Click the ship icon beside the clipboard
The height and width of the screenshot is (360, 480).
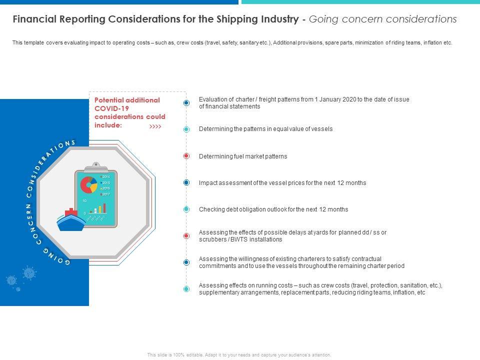(71, 220)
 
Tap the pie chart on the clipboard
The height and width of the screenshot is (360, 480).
(89, 184)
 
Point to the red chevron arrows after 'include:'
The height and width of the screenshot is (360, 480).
(155, 126)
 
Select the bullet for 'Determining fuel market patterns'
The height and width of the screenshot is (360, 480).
(186, 156)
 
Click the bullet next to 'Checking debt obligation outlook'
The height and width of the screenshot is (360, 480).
(186, 209)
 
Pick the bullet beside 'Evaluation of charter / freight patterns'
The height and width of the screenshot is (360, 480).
(186, 102)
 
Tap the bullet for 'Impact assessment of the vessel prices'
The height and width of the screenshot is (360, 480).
(186, 183)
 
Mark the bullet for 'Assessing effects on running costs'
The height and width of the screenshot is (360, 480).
(186, 289)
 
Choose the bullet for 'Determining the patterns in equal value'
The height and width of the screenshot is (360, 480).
(186, 129)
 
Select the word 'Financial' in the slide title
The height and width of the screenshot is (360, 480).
(33, 19)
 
